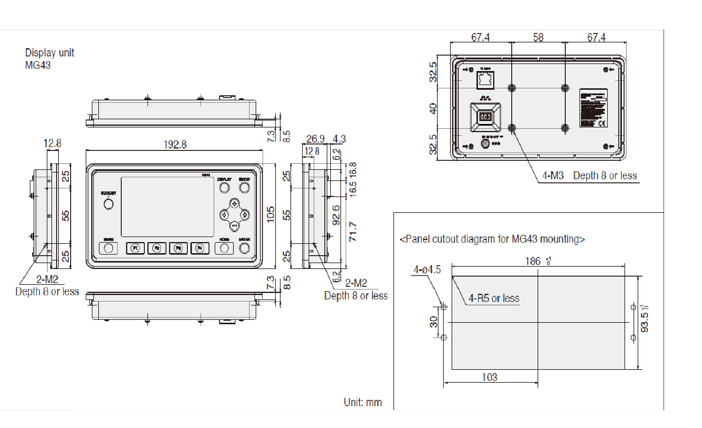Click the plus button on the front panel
(234, 203)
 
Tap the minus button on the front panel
(234, 225)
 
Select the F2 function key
(157, 248)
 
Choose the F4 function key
(200, 248)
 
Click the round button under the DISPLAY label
(224, 187)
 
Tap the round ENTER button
(244, 248)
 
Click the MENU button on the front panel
(109, 248)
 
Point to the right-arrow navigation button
(245, 215)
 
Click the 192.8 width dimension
(175, 144)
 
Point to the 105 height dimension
(271, 214)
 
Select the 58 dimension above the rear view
(538, 37)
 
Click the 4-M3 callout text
(553, 175)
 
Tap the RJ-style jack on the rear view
(485, 80)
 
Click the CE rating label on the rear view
(593, 108)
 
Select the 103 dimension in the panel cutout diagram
(490, 377)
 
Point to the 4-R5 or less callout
(494, 298)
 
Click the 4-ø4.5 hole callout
(427, 270)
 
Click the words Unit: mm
(363, 402)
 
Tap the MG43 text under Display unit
(38, 65)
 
